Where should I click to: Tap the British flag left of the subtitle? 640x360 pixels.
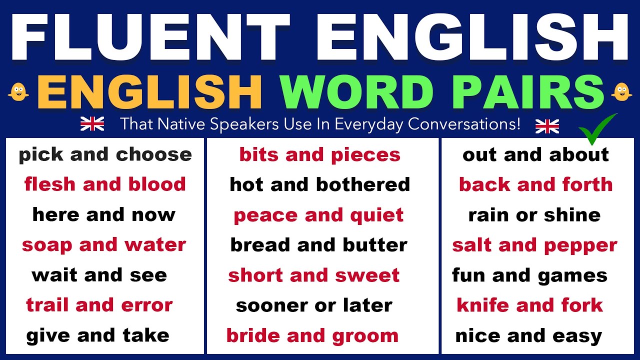tap(92, 123)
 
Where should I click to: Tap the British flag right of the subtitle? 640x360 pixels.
tap(547, 126)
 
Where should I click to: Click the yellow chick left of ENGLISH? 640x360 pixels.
tap(18, 91)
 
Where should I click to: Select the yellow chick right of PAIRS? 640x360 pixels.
tap(622, 91)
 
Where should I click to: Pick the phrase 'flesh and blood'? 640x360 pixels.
tap(105, 184)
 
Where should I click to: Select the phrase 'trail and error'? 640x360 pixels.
tap(99, 305)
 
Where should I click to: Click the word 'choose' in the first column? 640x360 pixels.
tap(154, 155)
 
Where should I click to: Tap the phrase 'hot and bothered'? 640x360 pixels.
tap(319, 184)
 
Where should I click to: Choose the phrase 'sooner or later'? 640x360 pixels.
tap(314, 305)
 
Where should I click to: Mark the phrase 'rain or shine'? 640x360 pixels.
tap(534, 215)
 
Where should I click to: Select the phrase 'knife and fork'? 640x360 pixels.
tap(529, 305)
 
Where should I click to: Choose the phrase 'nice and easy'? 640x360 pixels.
tap(528, 335)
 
